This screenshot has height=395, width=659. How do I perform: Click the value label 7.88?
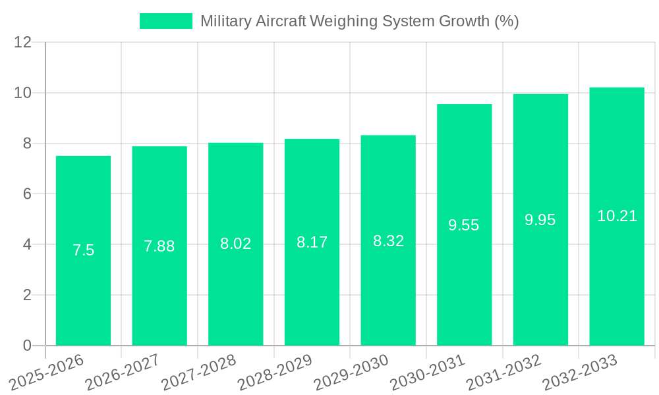(159, 246)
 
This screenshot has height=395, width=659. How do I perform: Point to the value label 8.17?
(312, 242)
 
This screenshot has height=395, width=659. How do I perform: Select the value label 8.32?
(388, 241)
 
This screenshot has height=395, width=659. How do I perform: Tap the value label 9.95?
(540, 220)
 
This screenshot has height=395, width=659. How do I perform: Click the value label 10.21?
(617, 216)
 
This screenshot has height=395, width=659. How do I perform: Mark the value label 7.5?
(83, 250)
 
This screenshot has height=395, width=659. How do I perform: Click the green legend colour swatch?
(165, 21)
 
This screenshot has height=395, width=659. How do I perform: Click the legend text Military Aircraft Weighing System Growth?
(359, 21)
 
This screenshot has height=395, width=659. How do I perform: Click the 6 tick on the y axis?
(27, 194)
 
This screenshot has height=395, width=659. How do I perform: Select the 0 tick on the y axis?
(27, 346)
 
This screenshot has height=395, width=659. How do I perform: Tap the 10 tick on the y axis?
(23, 93)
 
